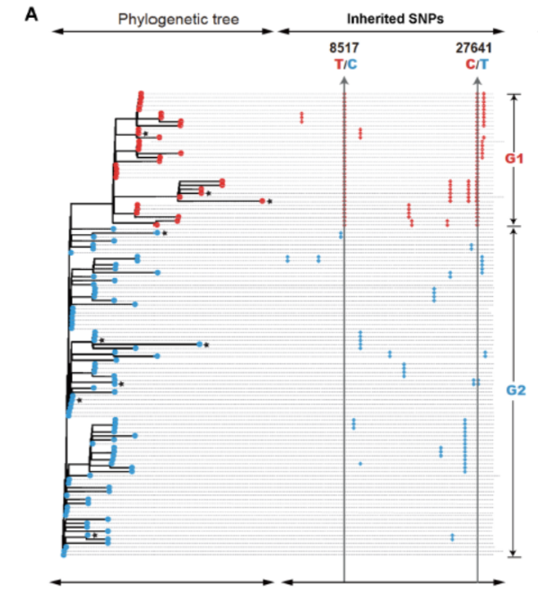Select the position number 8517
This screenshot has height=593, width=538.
pyautogui.click(x=344, y=49)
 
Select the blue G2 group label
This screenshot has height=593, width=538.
pyautogui.click(x=514, y=390)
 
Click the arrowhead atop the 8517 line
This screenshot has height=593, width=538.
pyautogui.click(x=344, y=81)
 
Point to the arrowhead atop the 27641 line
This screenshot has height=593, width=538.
pyautogui.click(x=477, y=81)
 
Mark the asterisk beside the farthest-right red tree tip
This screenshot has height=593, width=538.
pyautogui.click(x=269, y=202)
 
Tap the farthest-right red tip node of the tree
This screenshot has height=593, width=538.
pyautogui.click(x=262, y=201)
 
